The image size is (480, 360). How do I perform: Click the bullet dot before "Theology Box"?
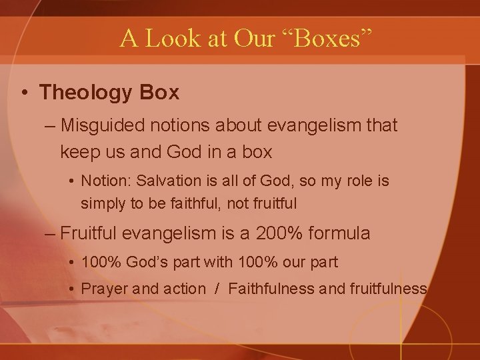[x=23, y=93]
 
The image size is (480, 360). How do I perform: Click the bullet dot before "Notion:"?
[x=72, y=181]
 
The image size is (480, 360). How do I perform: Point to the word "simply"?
[x=100, y=203]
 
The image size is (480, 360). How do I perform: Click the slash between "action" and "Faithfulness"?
[x=218, y=289]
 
